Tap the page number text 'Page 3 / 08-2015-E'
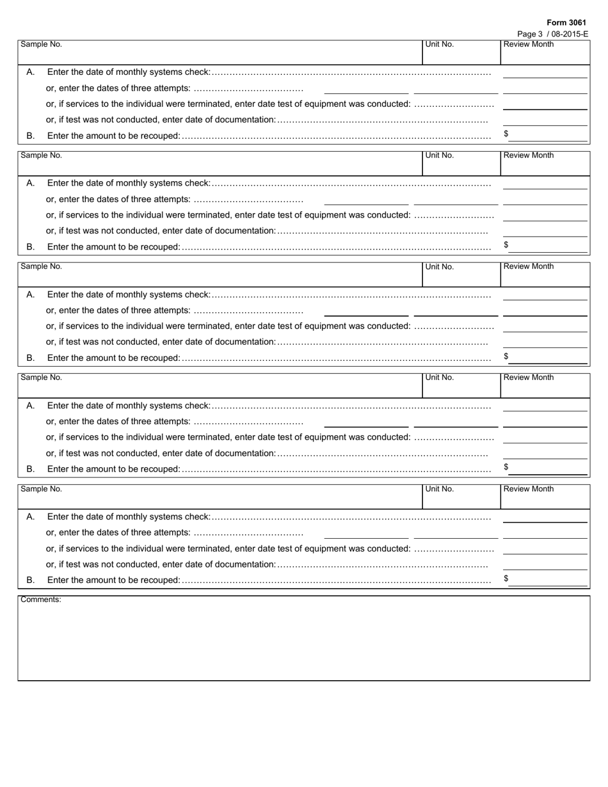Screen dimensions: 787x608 click(552, 34)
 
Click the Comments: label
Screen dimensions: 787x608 click(41, 600)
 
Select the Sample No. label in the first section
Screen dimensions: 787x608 click(42, 44)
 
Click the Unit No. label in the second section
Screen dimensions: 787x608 click(440, 155)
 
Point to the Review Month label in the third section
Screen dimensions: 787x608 click(529, 266)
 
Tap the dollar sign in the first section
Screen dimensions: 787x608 click(506, 134)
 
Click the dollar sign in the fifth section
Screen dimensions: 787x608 click(506, 578)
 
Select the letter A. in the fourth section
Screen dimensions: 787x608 click(31, 406)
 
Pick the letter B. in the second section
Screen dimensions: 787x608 click(31, 246)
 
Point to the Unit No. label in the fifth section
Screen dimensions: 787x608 click(440, 489)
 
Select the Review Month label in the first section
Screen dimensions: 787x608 click(529, 44)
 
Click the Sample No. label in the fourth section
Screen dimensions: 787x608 click(42, 378)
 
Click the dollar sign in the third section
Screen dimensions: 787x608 click(506, 356)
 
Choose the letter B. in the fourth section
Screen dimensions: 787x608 click(31, 469)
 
